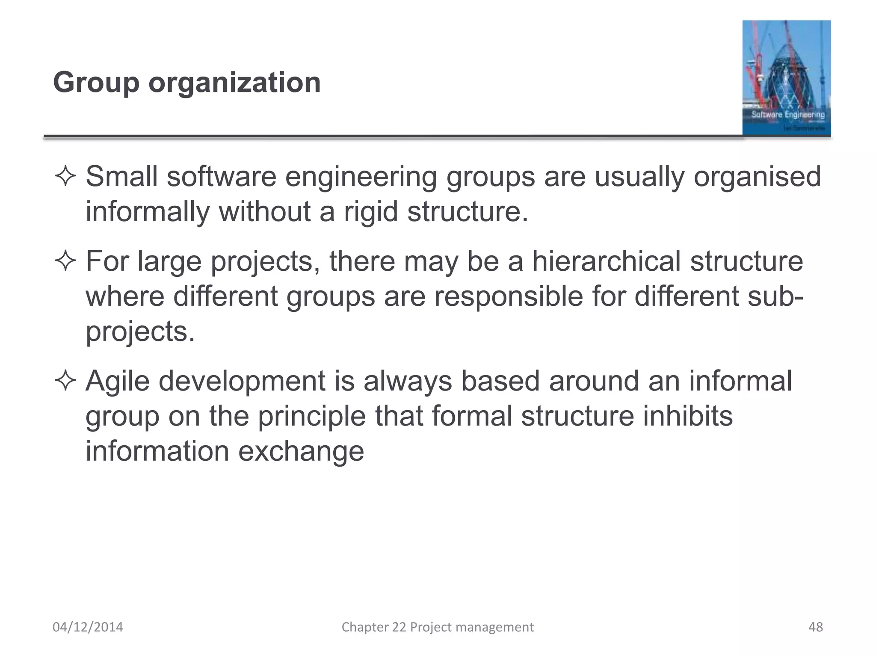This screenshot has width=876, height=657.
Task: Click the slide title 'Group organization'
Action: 186,82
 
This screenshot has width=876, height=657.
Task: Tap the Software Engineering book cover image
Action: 786,78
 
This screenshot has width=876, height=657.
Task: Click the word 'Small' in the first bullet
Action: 121,176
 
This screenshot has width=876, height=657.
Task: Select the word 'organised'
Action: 757,177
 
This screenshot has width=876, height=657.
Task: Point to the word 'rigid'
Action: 371,212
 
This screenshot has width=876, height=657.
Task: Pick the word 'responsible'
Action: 508,296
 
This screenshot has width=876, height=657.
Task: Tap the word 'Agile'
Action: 118,382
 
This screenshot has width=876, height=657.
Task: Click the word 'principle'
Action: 311,417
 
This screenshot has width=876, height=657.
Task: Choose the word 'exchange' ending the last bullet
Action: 301,452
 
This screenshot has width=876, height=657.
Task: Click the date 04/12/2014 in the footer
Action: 88,627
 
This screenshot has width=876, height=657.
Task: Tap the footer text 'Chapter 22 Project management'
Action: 438,627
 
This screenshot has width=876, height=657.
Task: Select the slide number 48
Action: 815,627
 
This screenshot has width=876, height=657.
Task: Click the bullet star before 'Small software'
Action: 65,177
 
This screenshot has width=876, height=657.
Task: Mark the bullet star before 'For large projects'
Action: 65,261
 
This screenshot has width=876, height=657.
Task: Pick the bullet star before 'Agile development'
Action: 65,381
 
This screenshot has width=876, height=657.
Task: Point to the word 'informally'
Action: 148,212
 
